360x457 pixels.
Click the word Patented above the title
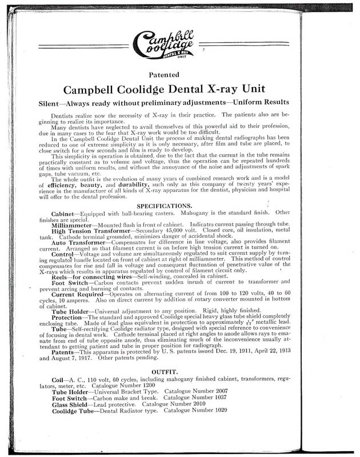click(179, 74)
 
